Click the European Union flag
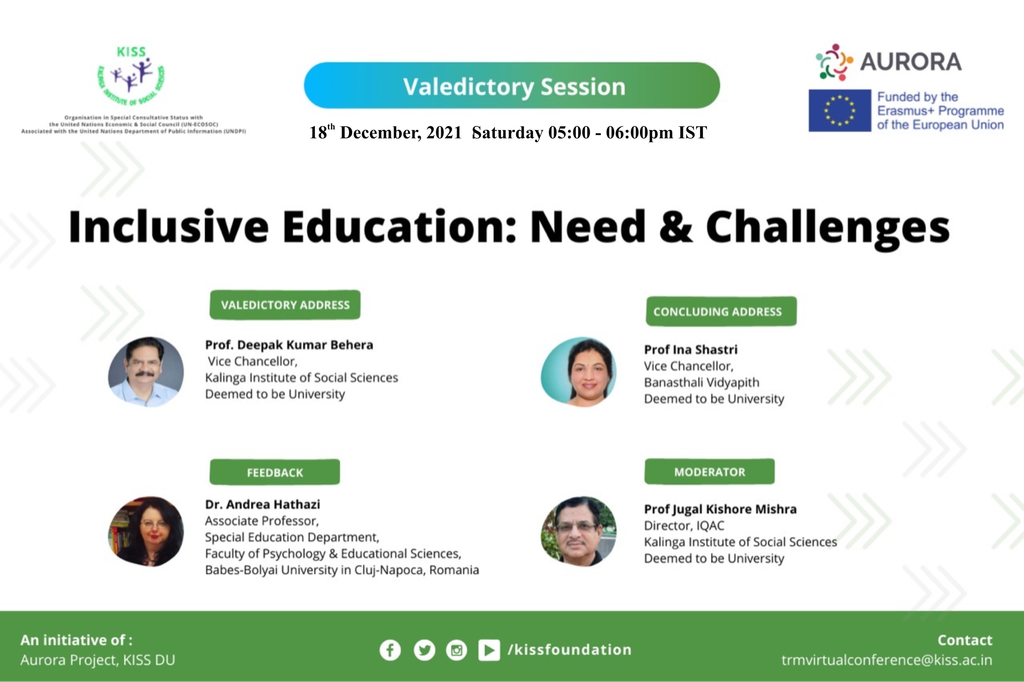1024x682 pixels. pos(840,111)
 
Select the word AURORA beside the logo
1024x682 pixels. pos(911,62)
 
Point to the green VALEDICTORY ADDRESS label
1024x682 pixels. pos(285,305)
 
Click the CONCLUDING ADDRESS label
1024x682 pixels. pos(721,311)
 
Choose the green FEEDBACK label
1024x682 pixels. pos(275,472)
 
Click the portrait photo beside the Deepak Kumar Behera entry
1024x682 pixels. pos(146,372)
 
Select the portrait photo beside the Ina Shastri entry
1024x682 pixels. pos(579,372)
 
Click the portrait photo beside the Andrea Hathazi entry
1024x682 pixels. pos(146,531)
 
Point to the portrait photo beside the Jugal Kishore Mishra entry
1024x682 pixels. pos(579,531)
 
